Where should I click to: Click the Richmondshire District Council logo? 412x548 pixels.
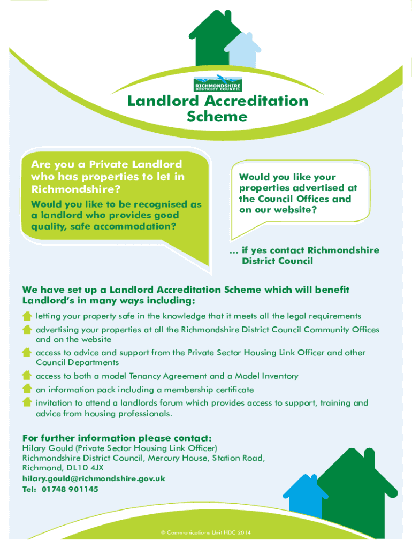[x=217, y=83]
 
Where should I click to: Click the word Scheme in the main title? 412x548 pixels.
[x=217, y=117]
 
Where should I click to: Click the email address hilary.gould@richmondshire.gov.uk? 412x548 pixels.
[x=94, y=478]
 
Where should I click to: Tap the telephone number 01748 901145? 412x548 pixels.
[x=69, y=489]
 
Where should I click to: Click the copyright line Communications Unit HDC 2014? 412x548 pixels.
[x=206, y=532]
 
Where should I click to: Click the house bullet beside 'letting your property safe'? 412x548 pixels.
[x=27, y=316]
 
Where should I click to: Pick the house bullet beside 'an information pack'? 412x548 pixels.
[x=27, y=390]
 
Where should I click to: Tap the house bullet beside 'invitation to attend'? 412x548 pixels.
[x=27, y=402]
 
